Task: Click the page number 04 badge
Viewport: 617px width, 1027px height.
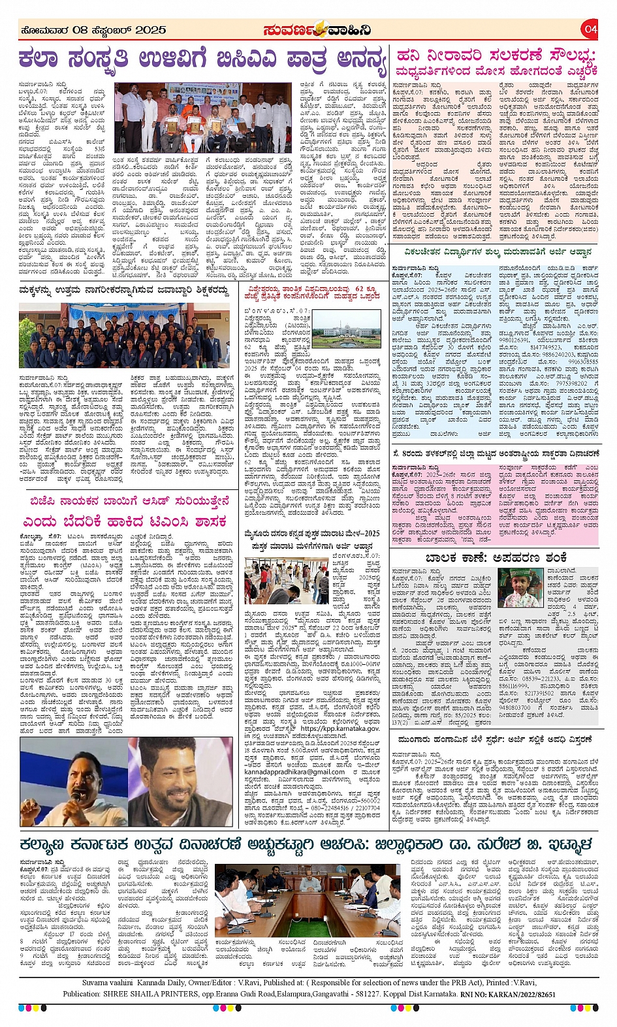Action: point(590,29)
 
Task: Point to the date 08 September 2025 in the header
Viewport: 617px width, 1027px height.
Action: point(92,30)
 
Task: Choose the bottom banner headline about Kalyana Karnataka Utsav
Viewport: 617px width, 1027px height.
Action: point(306,844)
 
